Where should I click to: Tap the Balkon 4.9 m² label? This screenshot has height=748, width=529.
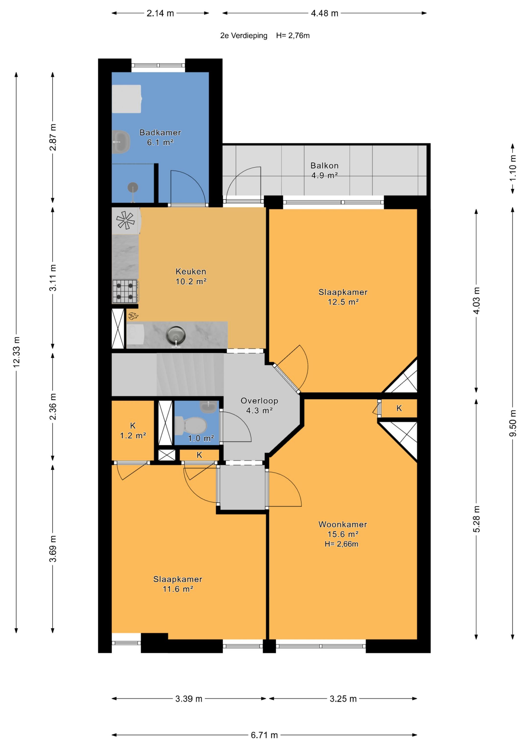[x=324, y=170]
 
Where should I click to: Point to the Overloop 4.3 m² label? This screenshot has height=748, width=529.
[x=259, y=406]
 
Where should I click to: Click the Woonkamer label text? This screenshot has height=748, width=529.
[x=343, y=524]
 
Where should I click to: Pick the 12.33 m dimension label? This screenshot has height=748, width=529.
[x=16, y=352]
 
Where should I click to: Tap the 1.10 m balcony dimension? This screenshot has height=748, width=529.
[x=513, y=168]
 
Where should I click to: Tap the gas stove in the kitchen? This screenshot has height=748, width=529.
[x=125, y=291]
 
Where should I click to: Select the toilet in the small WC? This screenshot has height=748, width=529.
[x=191, y=426]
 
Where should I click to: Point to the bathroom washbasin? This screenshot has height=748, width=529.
[x=121, y=142]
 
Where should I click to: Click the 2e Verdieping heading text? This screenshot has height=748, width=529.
[x=243, y=36]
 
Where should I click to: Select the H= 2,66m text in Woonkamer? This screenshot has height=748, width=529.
[x=341, y=544]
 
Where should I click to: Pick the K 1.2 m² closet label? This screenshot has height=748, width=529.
[x=133, y=430]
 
